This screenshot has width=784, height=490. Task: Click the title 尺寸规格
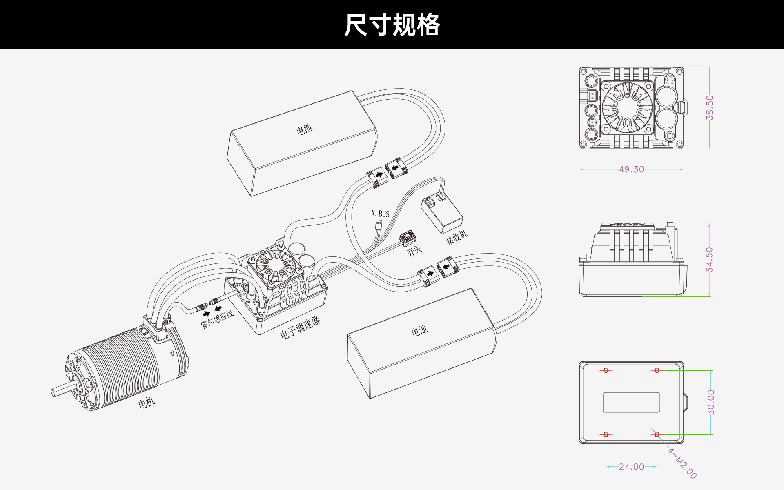[392, 25]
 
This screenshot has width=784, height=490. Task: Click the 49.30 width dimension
[631, 169]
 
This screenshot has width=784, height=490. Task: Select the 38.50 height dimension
[710, 107]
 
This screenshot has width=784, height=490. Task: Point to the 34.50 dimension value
[710, 260]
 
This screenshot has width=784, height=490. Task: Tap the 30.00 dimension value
[711, 402]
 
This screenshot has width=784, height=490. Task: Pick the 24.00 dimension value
[631, 466]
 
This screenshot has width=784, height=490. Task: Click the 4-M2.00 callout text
[682, 463]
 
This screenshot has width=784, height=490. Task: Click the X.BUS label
[380, 214]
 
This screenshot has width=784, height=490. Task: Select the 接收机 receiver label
[457, 237]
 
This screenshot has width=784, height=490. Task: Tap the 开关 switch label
[414, 250]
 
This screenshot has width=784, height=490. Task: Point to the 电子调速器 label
[300, 328]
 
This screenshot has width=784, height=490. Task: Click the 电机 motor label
[147, 403]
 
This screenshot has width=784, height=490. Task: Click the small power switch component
[408, 238]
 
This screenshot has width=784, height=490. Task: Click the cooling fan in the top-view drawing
[627, 107]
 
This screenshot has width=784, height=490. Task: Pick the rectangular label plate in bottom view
[631, 403]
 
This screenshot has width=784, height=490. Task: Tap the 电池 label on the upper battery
[304, 129]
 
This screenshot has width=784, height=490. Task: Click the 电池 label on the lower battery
[419, 330]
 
